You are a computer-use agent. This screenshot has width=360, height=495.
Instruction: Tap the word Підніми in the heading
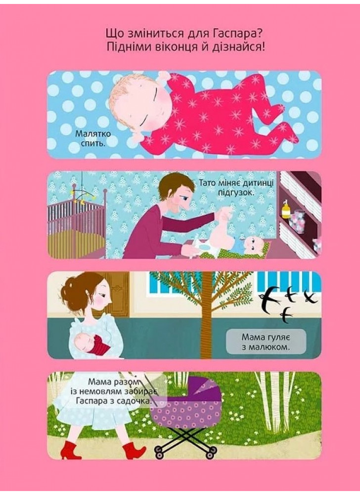pos(128,48)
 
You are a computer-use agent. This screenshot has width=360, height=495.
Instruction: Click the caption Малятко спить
pos(93,138)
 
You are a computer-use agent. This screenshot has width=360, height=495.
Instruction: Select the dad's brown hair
pos(172,187)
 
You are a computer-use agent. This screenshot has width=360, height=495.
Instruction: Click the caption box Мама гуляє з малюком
pos(266,342)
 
